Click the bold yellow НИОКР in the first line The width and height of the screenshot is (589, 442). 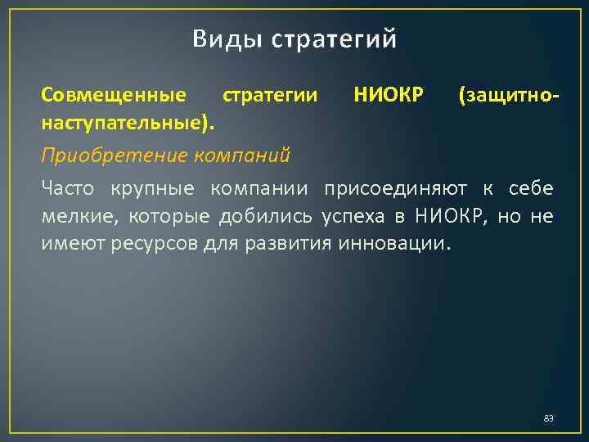(389, 96)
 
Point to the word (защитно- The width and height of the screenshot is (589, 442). (510, 96)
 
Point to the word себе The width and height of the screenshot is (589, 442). (531, 189)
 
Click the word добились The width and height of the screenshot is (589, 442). (250, 216)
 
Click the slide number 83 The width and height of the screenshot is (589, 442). (548, 419)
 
